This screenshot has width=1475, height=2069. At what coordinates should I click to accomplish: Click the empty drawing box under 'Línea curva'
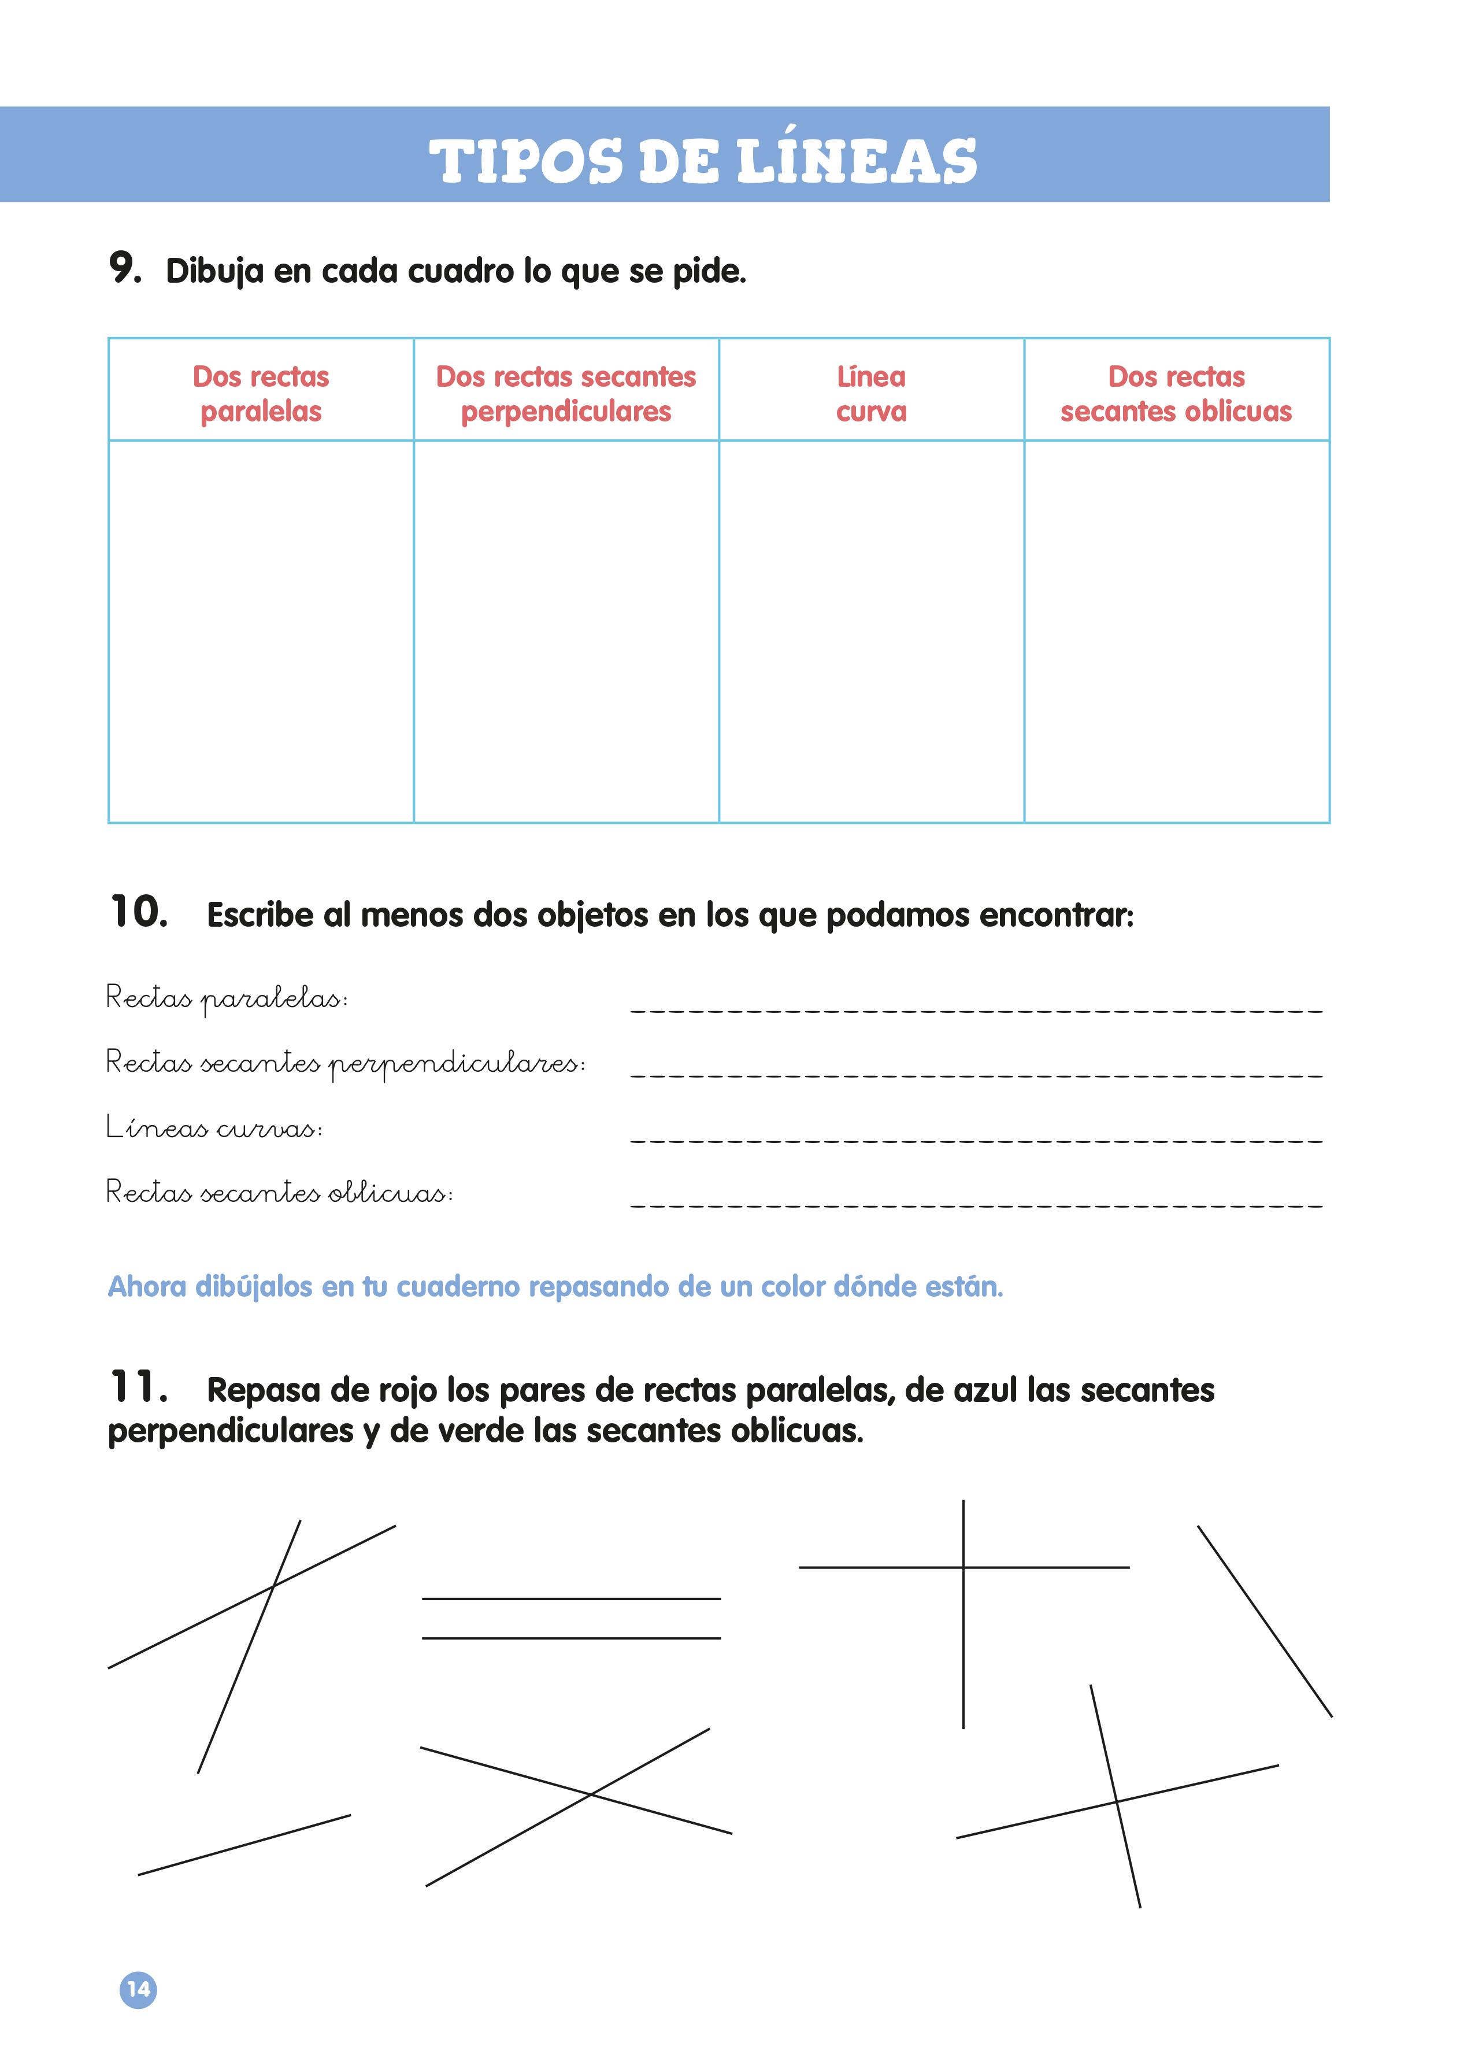(871, 631)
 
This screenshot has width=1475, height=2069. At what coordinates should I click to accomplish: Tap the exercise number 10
(138, 911)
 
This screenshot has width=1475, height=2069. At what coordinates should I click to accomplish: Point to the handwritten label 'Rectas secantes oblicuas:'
(279, 1191)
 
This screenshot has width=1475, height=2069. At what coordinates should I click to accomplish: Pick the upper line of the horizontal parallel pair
(570, 1598)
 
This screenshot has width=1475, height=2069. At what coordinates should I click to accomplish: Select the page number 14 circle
(138, 1989)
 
